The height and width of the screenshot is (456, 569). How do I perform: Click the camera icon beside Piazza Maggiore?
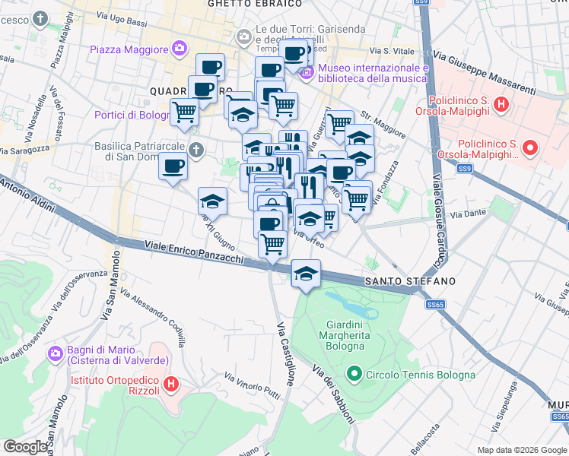click(180, 49)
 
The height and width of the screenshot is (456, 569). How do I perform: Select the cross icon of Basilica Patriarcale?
click(197, 150)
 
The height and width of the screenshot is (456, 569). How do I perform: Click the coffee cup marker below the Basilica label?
click(173, 166)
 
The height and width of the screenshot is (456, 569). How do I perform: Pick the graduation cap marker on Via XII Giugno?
click(212, 201)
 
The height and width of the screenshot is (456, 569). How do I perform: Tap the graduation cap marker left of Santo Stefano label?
click(305, 274)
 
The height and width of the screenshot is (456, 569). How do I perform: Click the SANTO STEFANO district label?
click(410, 281)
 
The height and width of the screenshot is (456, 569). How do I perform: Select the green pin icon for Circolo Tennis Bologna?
click(354, 374)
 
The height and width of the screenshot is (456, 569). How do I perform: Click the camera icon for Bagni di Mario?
click(54, 353)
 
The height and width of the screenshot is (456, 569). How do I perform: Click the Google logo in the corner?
click(25, 447)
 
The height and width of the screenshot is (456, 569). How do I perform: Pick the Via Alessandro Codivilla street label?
click(151, 318)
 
